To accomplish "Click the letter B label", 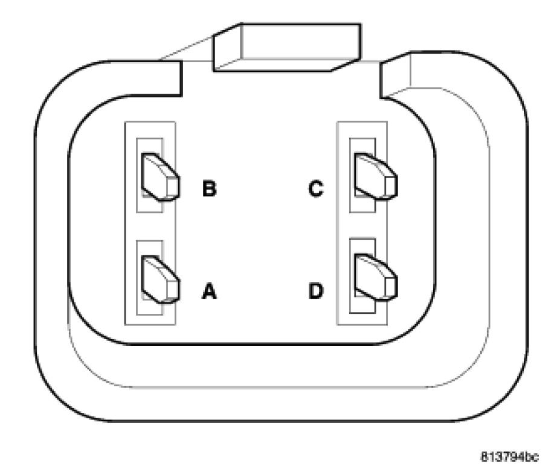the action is (x=209, y=189).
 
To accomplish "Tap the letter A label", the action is (x=209, y=292).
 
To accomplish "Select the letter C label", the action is (x=316, y=189).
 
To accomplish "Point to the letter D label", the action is (x=316, y=292).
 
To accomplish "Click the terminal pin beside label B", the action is (x=159, y=176).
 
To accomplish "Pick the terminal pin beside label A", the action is (x=159, y=279).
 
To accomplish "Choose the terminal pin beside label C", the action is (x=375, y=176).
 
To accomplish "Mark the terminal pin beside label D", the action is (x=375, y=279).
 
